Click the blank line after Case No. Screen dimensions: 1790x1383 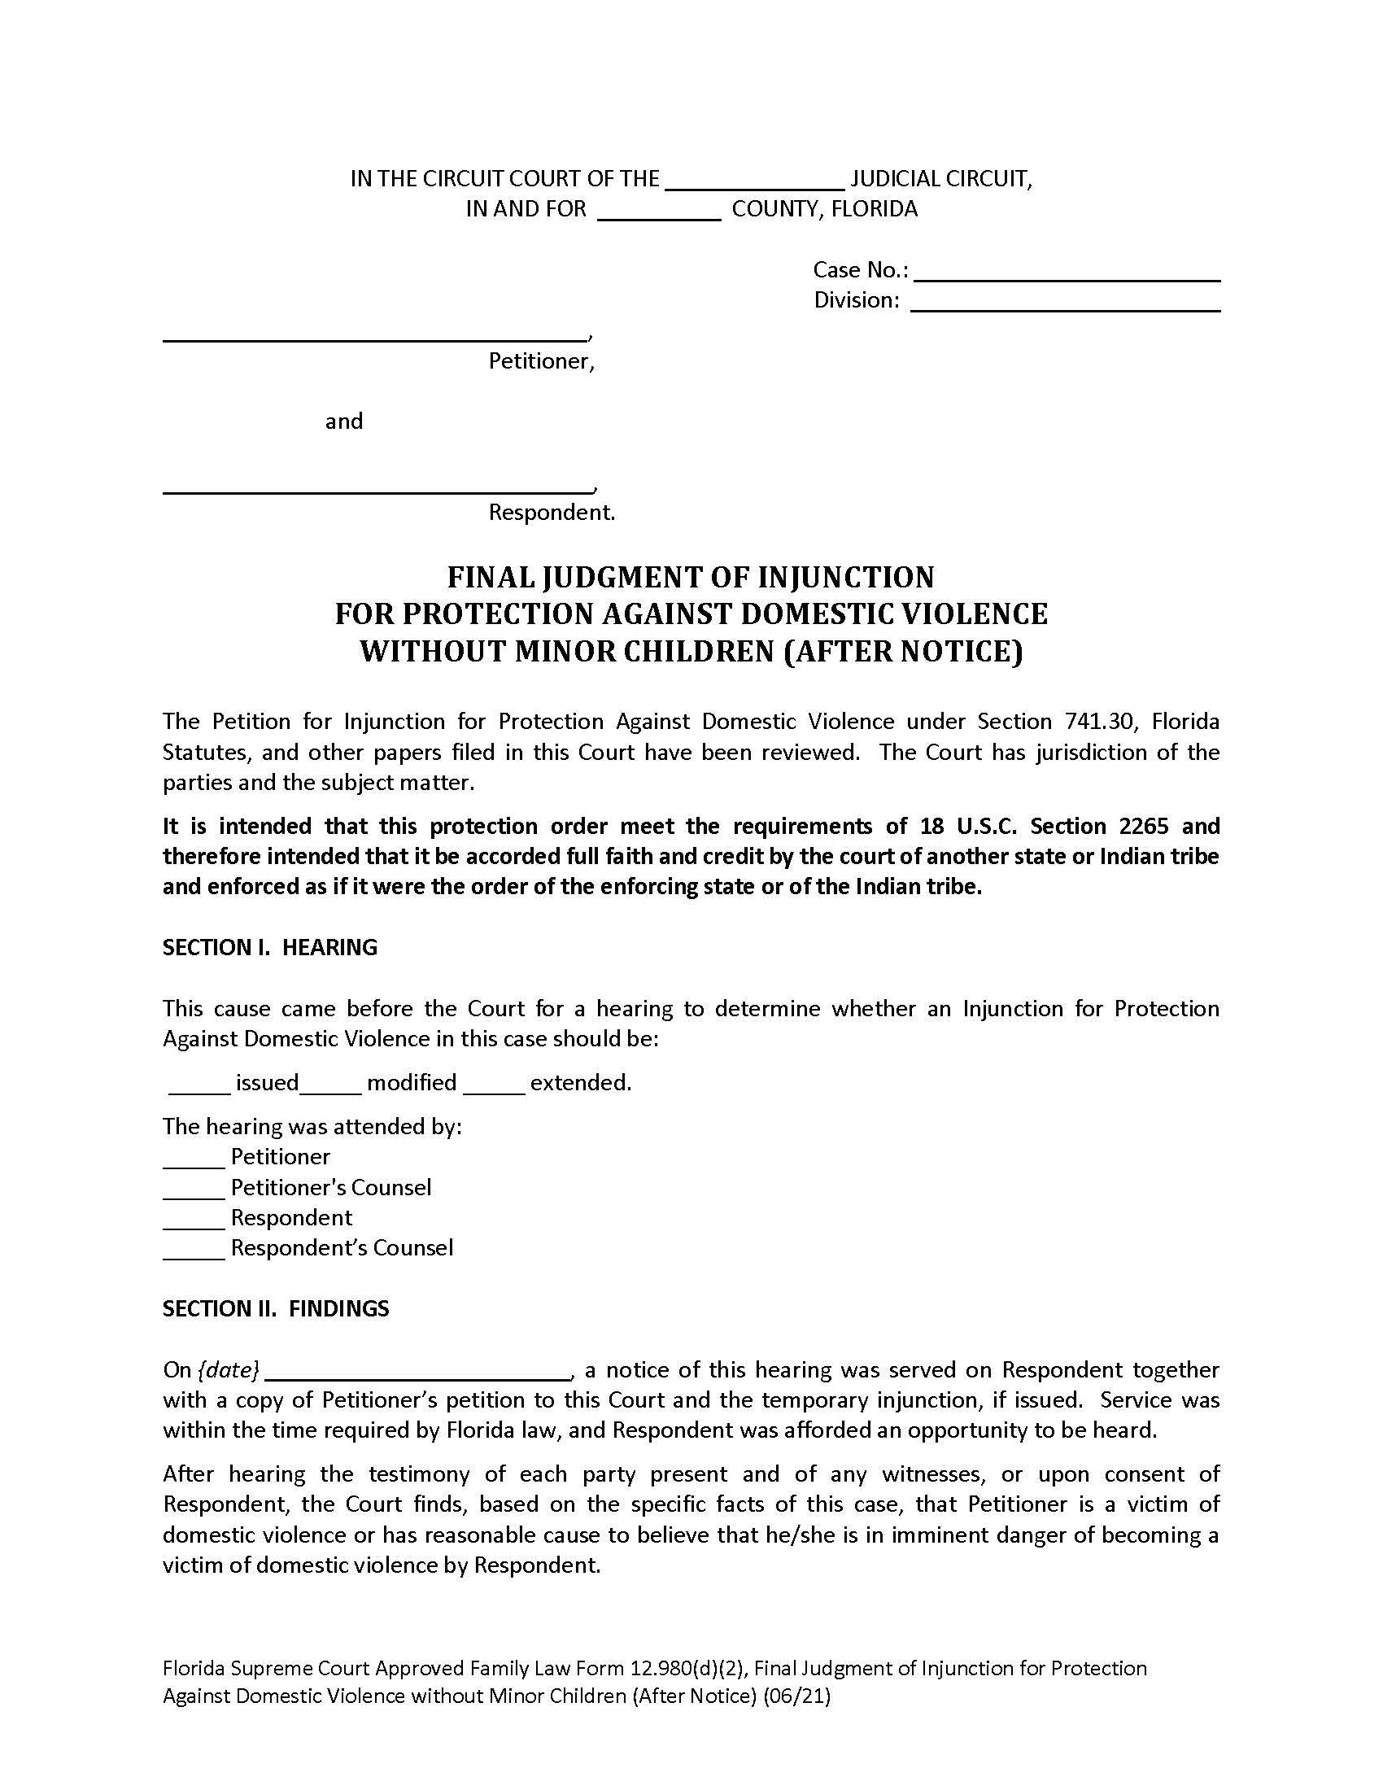(x=1067, y=272)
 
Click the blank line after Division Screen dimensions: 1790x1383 (x=1065, y=303)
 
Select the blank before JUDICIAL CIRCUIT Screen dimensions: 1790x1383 (x=755, y=181)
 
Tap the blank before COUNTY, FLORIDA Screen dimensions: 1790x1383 (x=660, y=212)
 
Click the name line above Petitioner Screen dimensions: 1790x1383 (x=374, y=332)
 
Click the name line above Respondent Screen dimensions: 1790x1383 (x=377, y=485)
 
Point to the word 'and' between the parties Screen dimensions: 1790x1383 (x=343, y=422)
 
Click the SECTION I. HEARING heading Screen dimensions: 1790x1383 (x=269, y=948)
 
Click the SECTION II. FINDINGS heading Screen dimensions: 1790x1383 (x=275, y=1309)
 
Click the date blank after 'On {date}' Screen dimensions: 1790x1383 (x=419, y=1372)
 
